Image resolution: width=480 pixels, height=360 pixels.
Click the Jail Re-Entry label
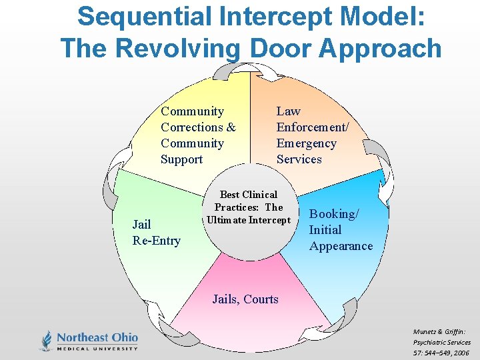tap(156, 233)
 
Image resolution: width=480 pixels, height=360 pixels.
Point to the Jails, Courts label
tap(245, 299)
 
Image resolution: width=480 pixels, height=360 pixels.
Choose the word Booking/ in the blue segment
tap(334, 214)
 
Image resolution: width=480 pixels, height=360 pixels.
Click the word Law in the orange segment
tap(289, 111)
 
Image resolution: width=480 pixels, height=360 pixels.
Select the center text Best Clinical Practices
tap(249, 201)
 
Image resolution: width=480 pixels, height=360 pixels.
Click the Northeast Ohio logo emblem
tap(46, 340)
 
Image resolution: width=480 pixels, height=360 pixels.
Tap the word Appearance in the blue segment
tap(341, 246)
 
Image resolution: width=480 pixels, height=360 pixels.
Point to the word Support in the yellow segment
tap(181, 159)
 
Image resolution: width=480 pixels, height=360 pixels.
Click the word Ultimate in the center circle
tap(227, 220)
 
